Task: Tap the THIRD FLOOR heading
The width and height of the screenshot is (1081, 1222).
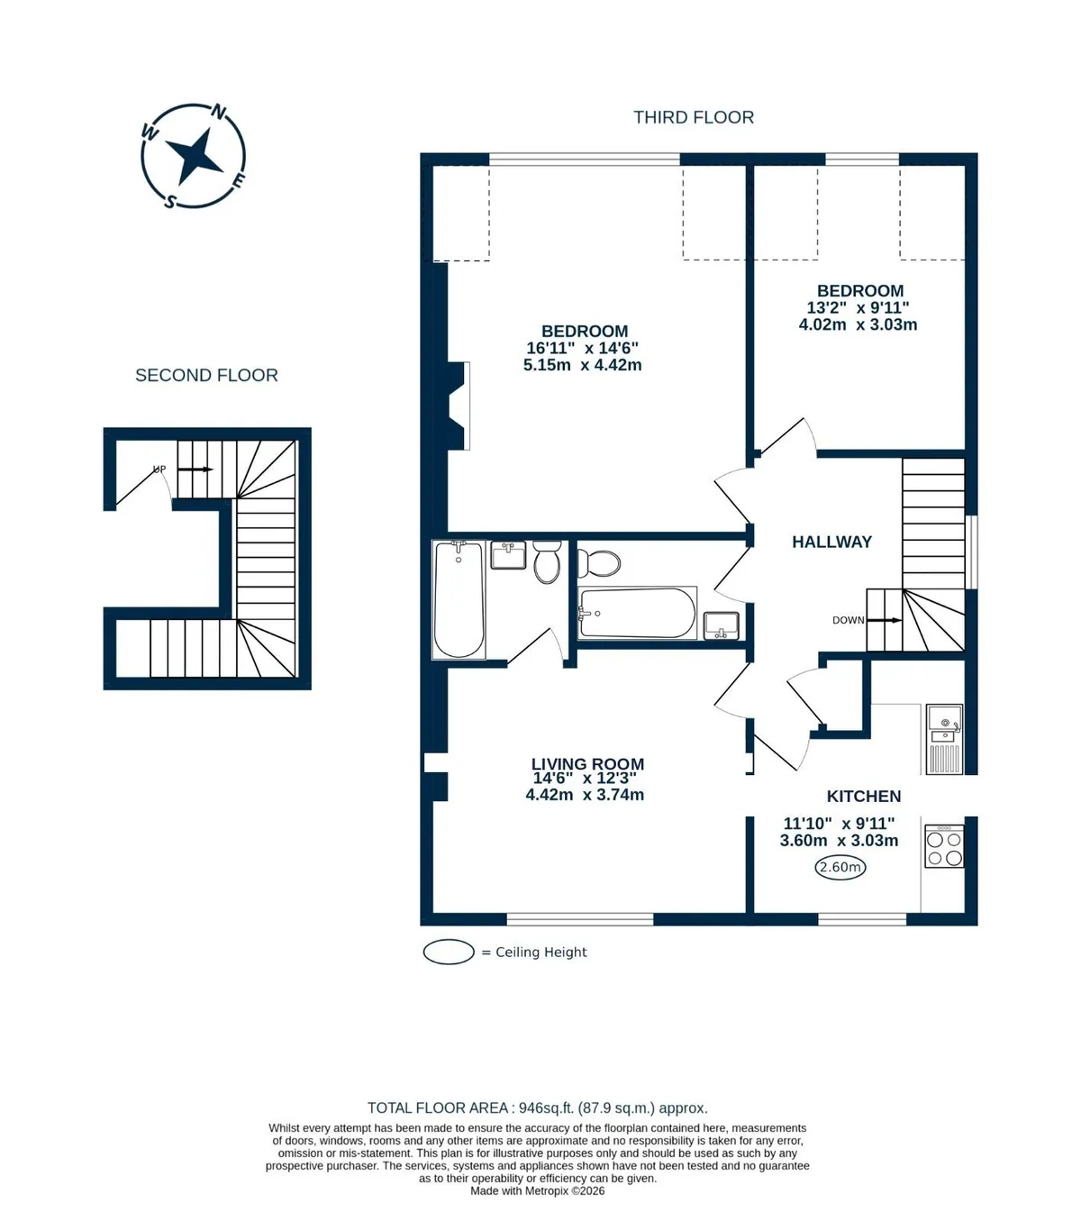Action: pyautogui.click(x=694, y=117)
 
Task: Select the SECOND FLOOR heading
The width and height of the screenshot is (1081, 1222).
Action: pyautogui.click(x=206, y=375)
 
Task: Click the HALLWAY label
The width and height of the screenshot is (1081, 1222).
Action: pyautogui.click(x=831, y=542)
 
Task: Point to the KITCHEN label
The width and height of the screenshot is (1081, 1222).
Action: pyautogui.click(x=863, y=796)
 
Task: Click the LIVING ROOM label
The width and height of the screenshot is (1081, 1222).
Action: pyautogui.click(x=587, y=763)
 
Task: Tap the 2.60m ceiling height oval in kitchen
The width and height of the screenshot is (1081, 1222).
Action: pyautogui.click(x=840, y=867)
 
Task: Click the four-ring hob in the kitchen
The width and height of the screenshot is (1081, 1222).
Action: pyautogui.click(x=943, y=847)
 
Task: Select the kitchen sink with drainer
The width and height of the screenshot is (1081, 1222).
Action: pyautogui.click(x=945, y=739)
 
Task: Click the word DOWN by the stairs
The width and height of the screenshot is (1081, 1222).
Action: pyautogui.click(x=848, y=620)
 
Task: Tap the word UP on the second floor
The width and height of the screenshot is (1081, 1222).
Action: pyautogui.click(x=159, y=470)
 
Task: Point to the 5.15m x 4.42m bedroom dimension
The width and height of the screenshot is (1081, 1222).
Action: pyautogui.click(x=582, y=365)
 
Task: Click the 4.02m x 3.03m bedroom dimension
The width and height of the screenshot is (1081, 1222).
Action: pyautogui.click(x=858, y=324)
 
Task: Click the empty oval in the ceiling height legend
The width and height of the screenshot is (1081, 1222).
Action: pyautogui.click(x=449, y=952)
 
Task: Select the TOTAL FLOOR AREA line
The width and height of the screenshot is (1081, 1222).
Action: pyautogui.click(x=537, y=1108)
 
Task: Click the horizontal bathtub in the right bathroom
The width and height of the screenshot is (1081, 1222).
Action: pyautogui.click(x=637, y=613)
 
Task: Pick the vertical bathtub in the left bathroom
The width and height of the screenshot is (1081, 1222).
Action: pyautogui.click(x=459, y=599)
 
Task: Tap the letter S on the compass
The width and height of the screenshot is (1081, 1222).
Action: pyautogui.click(x=170, y=201)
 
